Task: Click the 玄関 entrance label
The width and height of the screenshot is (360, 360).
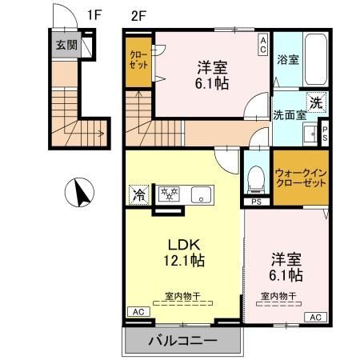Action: point(66,46)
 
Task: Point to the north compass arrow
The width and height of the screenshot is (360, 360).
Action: point(79,193)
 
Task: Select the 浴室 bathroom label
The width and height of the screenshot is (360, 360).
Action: point(287,59)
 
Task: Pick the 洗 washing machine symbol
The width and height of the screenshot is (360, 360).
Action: point(317,102)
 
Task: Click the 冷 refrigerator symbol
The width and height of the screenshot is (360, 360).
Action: point(138,194)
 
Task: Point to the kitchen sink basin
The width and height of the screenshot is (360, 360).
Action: point(201,193)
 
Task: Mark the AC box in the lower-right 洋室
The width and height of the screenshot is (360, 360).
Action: point(314,317)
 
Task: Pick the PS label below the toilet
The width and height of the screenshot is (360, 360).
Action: point(256,202)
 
